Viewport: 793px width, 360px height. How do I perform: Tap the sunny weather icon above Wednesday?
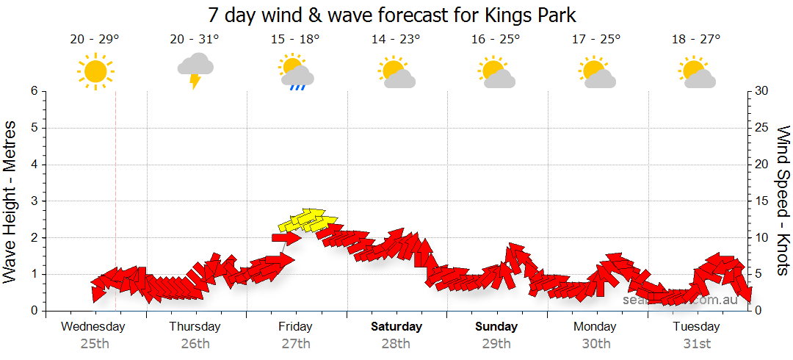pyautogui.click(x=95, y=71)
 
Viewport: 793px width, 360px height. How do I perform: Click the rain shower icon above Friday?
pyautogui.click(x=296, y=71)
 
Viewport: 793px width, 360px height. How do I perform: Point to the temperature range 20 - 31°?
pyautogui.click(x=195, y=40)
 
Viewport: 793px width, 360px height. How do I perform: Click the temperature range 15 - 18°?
pyautogui.click(x=295, y=40)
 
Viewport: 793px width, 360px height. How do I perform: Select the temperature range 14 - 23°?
pyautogui.click(x=396, y=40)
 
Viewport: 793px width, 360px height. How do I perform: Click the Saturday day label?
pyautogui.click(x=396, y=326)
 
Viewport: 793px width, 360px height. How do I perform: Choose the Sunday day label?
pyautogui.click(x=496, y=326)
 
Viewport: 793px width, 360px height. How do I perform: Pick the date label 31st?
pyautogui.click(x=697, y=343)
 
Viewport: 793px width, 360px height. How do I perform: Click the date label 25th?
pyautogui.click(x=94, y=343)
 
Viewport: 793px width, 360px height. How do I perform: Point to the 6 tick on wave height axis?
pyautogui.click(x=34, y=91)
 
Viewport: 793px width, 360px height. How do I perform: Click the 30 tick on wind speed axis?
pyautogui.click(x=762, y=91)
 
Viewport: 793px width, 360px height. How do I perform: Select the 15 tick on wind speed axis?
pyautogui.click(x=762, y=201)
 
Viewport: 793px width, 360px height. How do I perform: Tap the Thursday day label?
pyautogui.click(x=195, y=326)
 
